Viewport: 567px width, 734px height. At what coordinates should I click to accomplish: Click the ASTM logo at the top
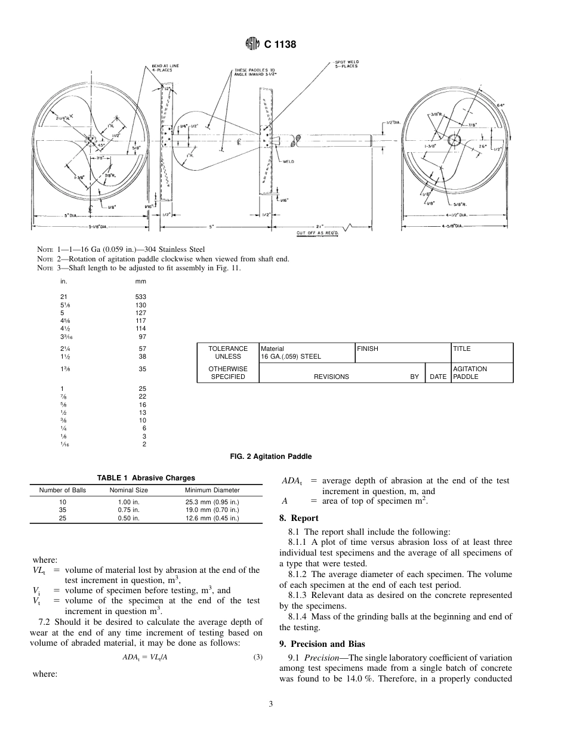point(251,44)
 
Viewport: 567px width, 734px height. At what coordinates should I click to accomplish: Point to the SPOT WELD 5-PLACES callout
point(346,64)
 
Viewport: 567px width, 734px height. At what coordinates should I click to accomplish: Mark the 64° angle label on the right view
point(500,104)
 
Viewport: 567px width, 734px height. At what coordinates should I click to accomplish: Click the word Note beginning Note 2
point(45,259)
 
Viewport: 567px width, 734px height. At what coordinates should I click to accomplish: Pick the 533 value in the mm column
point(140,297)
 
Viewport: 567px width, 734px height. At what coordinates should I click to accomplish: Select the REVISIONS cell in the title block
point(331,377)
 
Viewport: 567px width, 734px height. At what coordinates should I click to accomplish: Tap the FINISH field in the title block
point(368,349)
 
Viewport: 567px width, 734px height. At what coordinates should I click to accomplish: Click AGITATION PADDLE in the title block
point(470,373)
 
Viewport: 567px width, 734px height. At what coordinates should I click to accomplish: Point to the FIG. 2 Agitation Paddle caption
point(270,457)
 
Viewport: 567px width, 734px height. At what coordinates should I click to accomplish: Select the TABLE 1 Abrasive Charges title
point(146,478)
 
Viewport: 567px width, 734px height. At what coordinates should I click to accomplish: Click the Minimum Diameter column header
point(211,491)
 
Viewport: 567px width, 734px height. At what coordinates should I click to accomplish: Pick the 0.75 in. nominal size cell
point(128,511)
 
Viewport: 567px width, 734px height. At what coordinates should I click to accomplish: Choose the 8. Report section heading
point(299,518)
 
